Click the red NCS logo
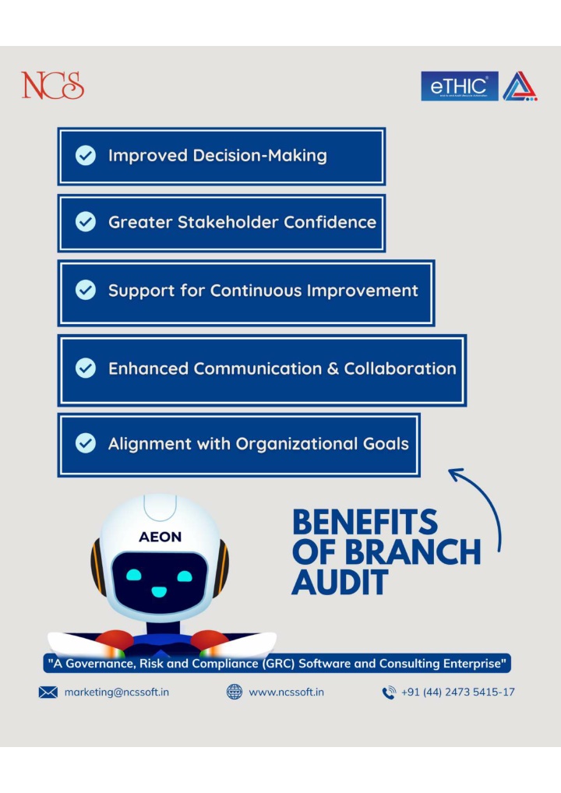click(53, 85)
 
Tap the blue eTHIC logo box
click(460, 86)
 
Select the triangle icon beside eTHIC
click(520, 86)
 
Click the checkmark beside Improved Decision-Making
click(86, 155)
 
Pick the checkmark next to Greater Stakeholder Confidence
click(86, 221)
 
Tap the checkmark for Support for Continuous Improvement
click(86, 290)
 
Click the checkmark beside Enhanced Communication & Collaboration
click(86, 368)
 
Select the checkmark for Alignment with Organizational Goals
click(86, 443)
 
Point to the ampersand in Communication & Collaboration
click(333, 368)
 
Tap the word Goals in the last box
click(386, 443)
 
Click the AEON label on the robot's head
click(160, 537)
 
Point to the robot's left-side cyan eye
click(133, 575)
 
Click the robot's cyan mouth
click(159, 591)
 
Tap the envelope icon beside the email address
click(48, 693)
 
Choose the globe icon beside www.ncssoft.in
click(235, 692)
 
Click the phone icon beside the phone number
click(389, 693)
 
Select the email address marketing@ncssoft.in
click(117, 693)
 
